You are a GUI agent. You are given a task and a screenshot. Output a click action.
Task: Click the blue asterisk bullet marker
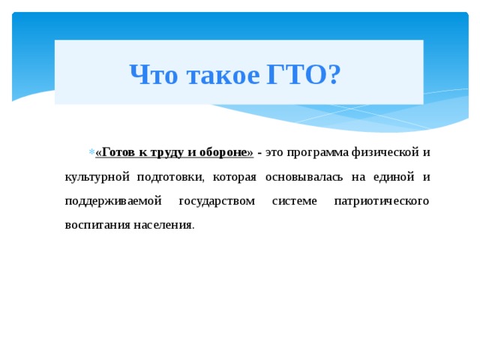(91, 153)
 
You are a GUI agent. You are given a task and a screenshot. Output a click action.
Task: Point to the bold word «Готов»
(117, 152)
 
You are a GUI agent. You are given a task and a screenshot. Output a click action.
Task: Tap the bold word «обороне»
(223, 152)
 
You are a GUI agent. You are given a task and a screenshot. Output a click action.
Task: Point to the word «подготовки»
(170, 177)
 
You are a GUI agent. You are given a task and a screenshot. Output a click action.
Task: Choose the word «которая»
(234, 177)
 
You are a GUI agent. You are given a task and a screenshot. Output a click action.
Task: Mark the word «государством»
(218, 201)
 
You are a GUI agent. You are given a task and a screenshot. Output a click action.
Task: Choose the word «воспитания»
(98, 225)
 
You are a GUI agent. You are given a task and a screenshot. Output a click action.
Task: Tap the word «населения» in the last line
(163, 225)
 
